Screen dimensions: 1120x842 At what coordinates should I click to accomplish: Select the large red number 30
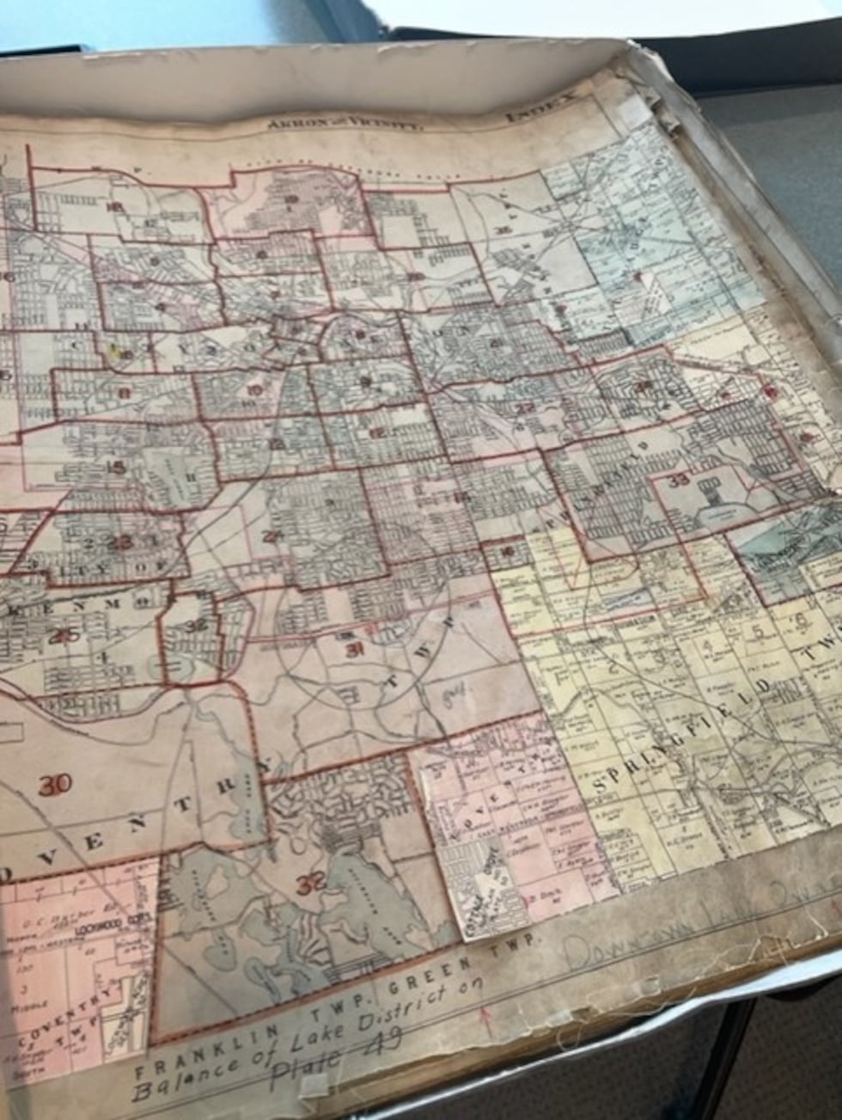pos(55,783)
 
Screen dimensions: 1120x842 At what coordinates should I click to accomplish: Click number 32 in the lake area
pos(308,883)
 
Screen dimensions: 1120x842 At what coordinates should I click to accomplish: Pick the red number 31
pos(352,648)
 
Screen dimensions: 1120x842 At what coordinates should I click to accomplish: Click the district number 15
pos(116,468)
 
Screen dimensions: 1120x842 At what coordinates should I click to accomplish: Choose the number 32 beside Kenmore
pos(197,625)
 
